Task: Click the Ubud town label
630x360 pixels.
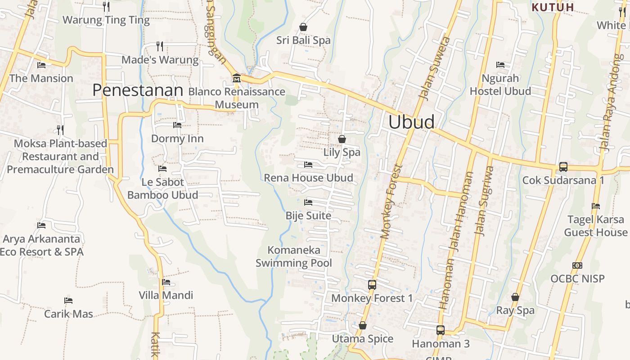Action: tap(411, 122)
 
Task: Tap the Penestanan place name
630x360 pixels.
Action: tap(138, 90)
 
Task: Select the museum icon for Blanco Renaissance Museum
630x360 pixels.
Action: tap(236, 79)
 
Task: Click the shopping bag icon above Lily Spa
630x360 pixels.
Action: tap(342, 139)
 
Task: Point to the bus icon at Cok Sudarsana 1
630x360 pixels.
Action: tap(563, 167)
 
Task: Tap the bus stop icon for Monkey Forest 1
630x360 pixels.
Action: tap(372, 285)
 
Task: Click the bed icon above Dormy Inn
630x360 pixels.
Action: tap(177, 125)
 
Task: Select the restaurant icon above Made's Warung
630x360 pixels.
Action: tap(160, 46)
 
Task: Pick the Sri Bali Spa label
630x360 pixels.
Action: tap(303, 40)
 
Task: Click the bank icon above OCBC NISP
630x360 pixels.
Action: tap(577, 265)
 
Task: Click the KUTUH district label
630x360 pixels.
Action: tap(553, 7)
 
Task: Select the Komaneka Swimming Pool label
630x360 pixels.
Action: tap(294, 256)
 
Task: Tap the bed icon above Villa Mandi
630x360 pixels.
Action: tap(166, 282)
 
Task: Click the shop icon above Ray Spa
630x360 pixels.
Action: tap(515, 297)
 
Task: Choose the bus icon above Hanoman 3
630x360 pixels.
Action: tap(440, 330)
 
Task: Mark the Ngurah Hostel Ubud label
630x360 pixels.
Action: tap(500, 85)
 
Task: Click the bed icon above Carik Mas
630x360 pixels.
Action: tap(68, 301)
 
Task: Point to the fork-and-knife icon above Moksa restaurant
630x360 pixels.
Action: tap(60, 130)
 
